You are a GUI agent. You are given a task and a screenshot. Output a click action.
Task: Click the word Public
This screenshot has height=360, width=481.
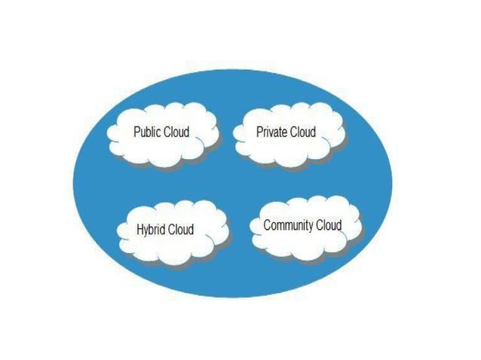(146, 133)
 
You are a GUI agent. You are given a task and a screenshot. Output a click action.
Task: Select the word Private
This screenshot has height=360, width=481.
(271, 133)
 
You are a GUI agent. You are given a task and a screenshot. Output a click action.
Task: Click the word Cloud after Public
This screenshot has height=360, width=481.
(176, 133)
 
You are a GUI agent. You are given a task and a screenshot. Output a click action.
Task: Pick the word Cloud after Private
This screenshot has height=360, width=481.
(302, 133)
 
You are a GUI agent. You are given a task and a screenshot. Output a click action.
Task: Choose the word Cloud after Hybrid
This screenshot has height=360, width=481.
(180, 230)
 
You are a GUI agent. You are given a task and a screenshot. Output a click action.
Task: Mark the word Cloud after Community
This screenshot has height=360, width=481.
(329, 225)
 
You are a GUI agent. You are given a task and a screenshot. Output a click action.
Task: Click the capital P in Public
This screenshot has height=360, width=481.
(136, 133)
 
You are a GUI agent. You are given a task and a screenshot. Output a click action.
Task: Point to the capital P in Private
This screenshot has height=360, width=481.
(259, 133)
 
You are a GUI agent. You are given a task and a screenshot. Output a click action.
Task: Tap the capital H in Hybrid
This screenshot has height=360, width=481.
(140, 230)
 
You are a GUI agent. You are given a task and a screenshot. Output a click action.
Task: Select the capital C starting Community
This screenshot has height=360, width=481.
(267, 225)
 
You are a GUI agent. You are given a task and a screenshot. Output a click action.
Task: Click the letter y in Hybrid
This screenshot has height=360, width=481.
(147, 231)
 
